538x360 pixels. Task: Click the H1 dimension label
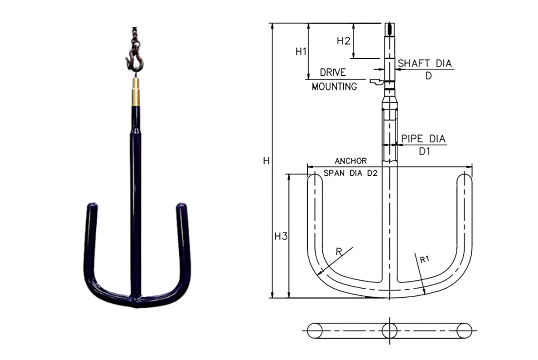click(300, 52)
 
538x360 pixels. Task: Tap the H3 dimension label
click(281, 236)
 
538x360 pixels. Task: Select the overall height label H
click(266, 160)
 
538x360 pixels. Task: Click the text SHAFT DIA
click(425, 63)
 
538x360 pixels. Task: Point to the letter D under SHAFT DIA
click(428, 76)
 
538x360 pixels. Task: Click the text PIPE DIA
click(423, 139)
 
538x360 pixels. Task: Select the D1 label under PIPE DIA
click(424, 152)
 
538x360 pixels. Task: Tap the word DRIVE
click(333, 72)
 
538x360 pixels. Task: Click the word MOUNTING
click(334, 86)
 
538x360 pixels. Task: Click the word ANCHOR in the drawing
click(351, 160)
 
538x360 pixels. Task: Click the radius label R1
click(425, 259)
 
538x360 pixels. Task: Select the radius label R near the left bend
click(339, 252)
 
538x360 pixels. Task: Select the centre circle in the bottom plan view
click(389, 330)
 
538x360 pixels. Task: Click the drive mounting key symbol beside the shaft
click(376, 82)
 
